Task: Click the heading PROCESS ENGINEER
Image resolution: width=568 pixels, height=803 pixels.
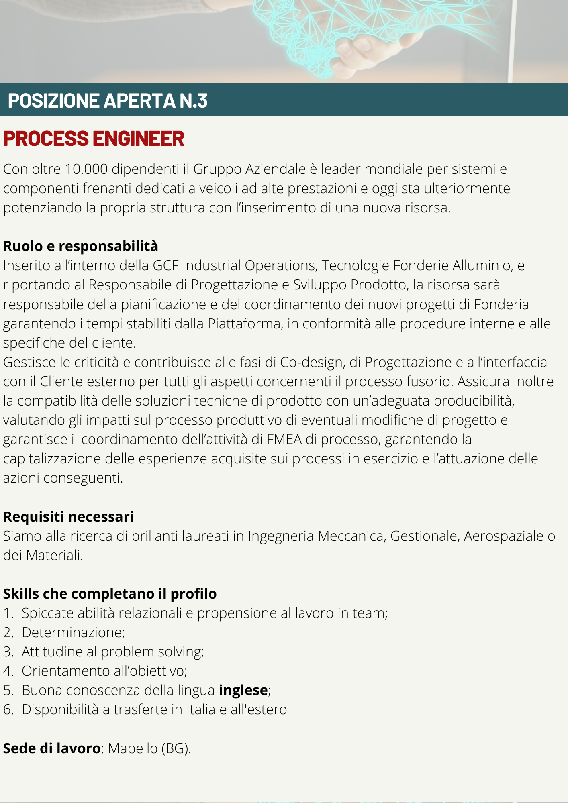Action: pyautogui.click(x=94, y=139)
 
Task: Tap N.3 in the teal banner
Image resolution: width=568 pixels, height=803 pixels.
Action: pyautogui.click(x=193, y=100)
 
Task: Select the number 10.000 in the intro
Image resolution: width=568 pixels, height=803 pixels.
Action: pyautogui.click(x=86, y=169)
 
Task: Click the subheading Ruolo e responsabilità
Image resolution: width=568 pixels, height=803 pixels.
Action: pyautogui.click(x=81, y=246)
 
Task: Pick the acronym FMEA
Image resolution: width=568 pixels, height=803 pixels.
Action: pyautogui.click(x=284, y=439)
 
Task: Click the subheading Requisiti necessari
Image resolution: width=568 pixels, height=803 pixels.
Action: pyautogui.click(x=68, y=516)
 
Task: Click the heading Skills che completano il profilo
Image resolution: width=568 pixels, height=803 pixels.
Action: pyautogui.click(x=110, y=593)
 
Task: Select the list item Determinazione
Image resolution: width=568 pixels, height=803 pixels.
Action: pyautogui.click(x=73, y=632)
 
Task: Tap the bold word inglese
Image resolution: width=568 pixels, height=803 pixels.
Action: pyautogui.click(x=243, y=690)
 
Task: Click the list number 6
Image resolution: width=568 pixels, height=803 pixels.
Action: pyautogui.click(x=8, y=709)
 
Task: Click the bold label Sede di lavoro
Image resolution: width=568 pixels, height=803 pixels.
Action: pyautogui.click(x=52, y=748)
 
